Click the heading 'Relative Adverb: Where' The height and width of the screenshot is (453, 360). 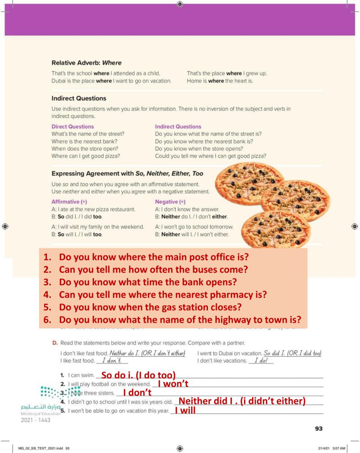(x=86, y=63)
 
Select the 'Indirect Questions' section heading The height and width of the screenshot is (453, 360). (x=79, y=98)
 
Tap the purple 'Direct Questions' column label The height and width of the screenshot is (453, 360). (x=72, y=126)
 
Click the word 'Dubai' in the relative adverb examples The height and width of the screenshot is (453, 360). (x=60, y=81)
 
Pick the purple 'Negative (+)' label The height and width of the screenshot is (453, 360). (x=170, y=202)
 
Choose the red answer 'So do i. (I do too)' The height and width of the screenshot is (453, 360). (x=138, y=375)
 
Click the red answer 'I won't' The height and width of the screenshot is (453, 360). (x=174, y=384)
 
